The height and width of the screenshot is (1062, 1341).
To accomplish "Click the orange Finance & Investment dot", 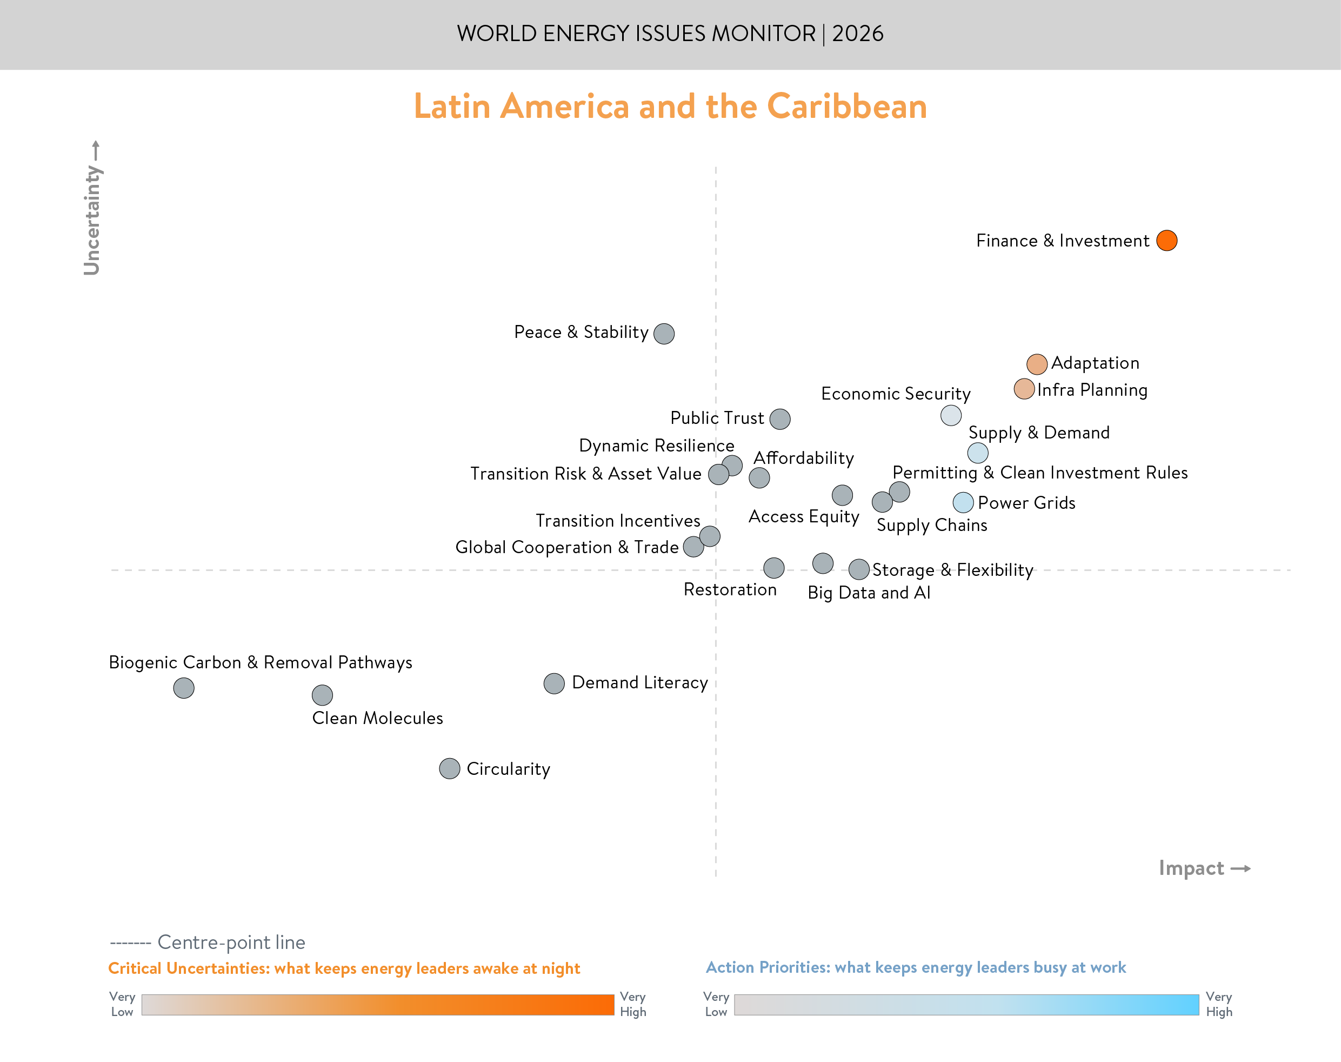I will tap(1166, 241).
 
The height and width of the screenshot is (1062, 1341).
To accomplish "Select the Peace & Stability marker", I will tap(664, 334).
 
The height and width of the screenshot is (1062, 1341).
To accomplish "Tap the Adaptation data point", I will tap(1037, 364).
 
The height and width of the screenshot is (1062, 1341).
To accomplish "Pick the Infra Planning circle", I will tap(1024, 390).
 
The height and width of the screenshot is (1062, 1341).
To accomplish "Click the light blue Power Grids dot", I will tap(963, 502).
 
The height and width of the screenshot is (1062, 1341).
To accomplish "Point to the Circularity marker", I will tap(449, 768).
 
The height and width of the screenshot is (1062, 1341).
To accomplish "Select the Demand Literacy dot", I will tap(553, 683).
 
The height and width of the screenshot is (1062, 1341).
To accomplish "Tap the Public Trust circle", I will tap(780, 419).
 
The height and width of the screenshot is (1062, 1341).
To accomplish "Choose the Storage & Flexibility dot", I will tap(859, 569).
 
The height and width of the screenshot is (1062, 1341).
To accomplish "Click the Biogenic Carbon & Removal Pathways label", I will tap(261, 663).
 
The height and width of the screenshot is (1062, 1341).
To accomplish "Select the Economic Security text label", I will tap(896, 394).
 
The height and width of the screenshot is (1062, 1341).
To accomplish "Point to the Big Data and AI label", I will tap(869, 593).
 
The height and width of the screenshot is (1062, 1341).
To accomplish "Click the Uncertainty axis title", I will tap(92, 219).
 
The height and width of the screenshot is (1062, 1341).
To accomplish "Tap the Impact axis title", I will tap(1191, 868).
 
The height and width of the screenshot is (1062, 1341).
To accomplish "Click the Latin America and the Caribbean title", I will tap(670, 107).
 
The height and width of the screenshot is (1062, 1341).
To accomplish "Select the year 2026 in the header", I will tap(858, 34).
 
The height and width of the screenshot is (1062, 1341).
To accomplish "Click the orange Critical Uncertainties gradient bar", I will tap(377, 1005).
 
